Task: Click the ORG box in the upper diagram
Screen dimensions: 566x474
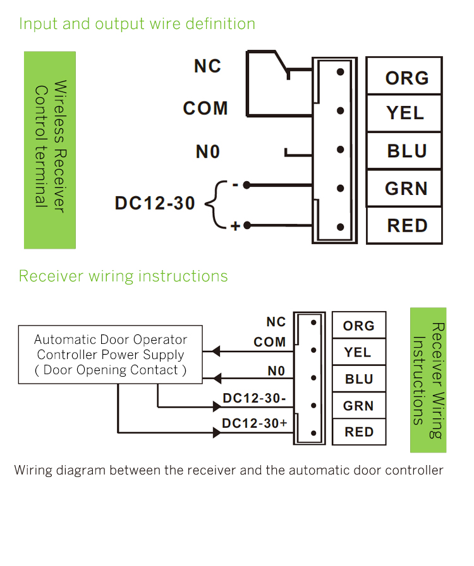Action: click(404, 77)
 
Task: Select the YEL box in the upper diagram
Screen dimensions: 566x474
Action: click(404, 113)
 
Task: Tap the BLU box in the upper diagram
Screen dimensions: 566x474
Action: click(404, 151)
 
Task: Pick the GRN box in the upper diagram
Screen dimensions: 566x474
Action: click(404, 188)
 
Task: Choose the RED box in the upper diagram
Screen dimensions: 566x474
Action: click(404, 225)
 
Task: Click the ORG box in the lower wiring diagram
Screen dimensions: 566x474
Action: click(358, 326)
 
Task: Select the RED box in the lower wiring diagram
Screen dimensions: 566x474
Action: click(358, 432)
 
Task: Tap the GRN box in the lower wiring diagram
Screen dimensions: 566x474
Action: click(358, 406)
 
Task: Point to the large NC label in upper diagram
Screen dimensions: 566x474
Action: click(207, 66)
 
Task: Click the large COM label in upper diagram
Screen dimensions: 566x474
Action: click(205, 109)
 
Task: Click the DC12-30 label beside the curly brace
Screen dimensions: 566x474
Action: click(155, 204)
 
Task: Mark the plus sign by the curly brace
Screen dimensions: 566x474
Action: click(235, 226)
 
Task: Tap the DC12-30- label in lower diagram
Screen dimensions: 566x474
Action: click(254, 399)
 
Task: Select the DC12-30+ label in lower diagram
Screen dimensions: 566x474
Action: click(254, 423)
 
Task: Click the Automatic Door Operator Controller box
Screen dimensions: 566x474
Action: click(111, 355)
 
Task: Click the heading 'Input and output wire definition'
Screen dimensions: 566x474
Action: click(137, 24)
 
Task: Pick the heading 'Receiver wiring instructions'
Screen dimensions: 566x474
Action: click(123, 276)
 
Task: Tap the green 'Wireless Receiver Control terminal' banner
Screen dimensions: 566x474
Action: click(50, 150)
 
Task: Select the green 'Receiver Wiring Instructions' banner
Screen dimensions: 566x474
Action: click(428, 380)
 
